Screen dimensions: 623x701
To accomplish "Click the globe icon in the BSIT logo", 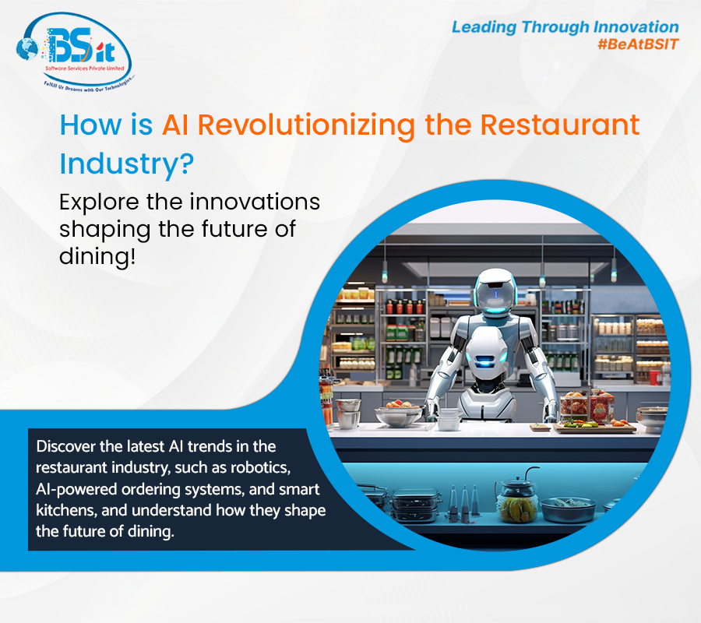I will [29, 45].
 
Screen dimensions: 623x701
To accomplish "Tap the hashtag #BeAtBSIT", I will [638, 44].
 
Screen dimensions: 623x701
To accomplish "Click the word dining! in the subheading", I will [97, 255].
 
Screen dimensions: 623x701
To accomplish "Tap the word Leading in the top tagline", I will [487, 27].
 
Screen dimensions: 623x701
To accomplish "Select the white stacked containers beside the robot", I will [449, 420].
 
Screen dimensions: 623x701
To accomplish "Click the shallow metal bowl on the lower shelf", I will [569, 509].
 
